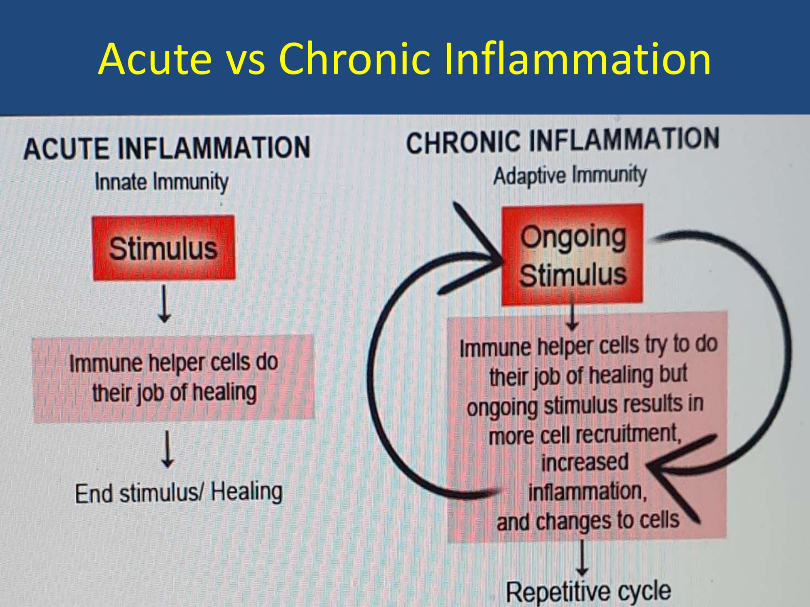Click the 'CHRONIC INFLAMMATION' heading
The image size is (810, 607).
(563, 140)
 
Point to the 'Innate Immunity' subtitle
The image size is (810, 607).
(161, 182)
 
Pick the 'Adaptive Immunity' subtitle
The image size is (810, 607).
(570, 175)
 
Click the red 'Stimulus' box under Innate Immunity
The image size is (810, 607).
(164, 248)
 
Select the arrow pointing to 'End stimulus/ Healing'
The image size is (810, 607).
(167, 450)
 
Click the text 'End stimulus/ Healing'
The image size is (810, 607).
(179, 492)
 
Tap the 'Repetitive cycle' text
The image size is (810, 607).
(588, 592)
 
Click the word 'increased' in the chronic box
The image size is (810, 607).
(585, 462)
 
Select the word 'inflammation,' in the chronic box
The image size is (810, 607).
(588, 491)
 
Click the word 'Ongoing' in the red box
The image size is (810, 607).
(573, 238)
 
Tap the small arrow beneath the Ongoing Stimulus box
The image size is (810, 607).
(572, 317)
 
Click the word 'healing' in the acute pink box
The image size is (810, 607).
(224, 393)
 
